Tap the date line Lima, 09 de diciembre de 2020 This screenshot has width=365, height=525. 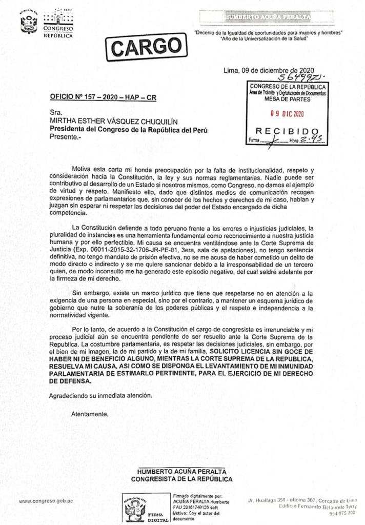(269, 70)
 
